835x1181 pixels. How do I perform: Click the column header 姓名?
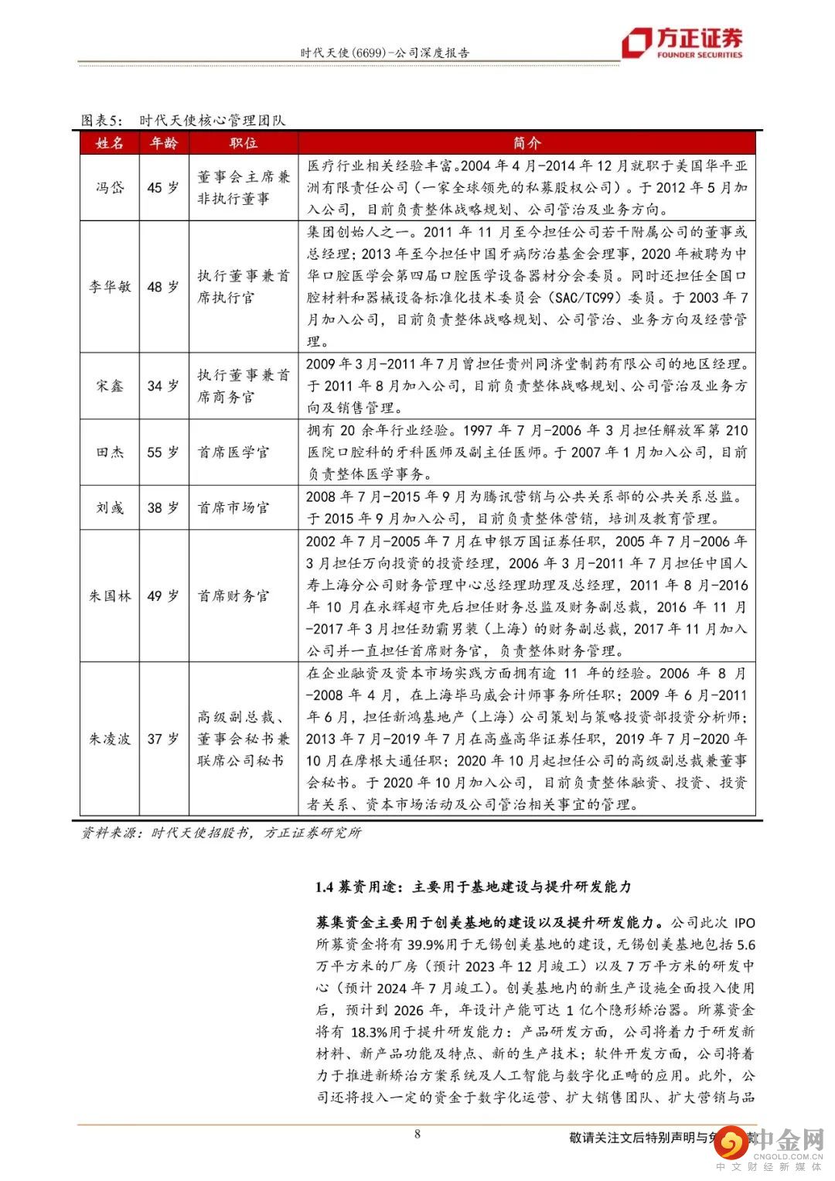pyautogui.click(x=110, y=143)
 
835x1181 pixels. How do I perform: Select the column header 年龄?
pyautogui.click(x=163, y=143)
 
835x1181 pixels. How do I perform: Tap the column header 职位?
pyautogui.click(x=243, y=143)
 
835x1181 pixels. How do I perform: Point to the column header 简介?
pyautogui.click(x=527, y=143)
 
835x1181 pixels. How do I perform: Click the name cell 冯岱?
pyautogui.click(x=110, y=188)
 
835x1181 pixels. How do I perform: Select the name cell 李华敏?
pyautogui.click(x=110, y=287)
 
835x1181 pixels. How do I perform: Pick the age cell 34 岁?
pyautogui.click(x=163, y=386)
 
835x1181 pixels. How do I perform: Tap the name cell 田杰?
pyautogui.click(x=110, y=452)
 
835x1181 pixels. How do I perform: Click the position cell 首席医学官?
pyautogui.click(x=233, y=452)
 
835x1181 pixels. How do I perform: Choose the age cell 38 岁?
pyautogui.click(x=163, y=508)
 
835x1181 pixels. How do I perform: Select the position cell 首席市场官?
pyautogui.click(x=233, y=508)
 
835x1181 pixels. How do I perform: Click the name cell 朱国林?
pyautogui.click(x=110, y=596)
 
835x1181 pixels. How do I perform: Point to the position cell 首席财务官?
pyautogui.click(x=233, y=596)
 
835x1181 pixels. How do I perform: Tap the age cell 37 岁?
pyautogui.click(x=163, y=739)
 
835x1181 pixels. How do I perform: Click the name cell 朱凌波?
pyautogui.click(x=110, y=739)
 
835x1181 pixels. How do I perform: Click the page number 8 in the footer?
pyautogui.click(x=417, y=1135)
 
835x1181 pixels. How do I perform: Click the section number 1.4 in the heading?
pyautogui.click(x=324, y=887)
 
